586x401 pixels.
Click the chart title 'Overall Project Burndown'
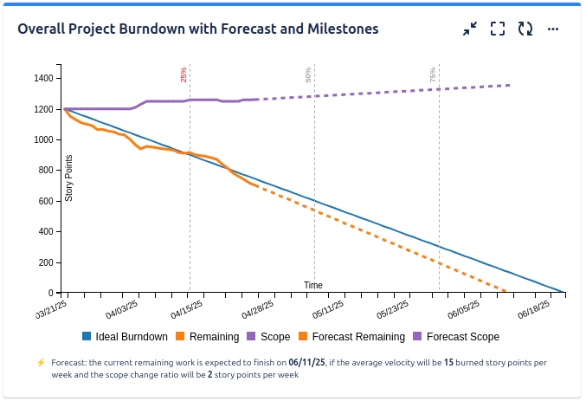tap(198, 29)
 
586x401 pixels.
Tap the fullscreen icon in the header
tap(497, 29)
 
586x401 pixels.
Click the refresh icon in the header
tap(525, 29)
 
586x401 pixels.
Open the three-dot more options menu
tap(553, 29)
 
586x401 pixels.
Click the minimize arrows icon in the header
tap(469, 29)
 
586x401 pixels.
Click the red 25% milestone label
tap(184, 74)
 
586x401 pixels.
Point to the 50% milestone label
tap(308, 74)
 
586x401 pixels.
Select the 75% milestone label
tap(433, 74)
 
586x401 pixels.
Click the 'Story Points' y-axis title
tap(69, 178)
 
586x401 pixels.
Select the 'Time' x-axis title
tap(313, 285)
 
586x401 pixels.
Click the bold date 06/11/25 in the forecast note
tap(306, 362)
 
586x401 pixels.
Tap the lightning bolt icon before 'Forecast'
tap(41, 363)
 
